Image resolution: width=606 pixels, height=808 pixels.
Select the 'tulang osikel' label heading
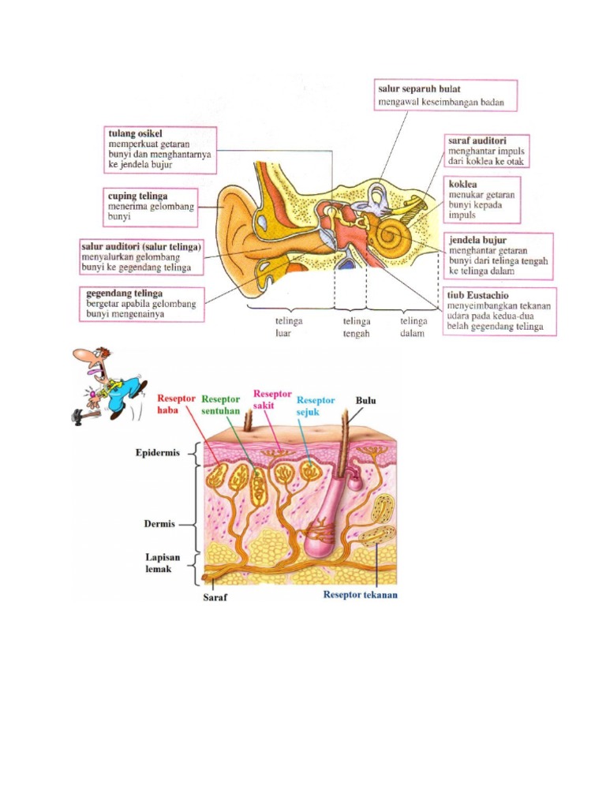point(134,134)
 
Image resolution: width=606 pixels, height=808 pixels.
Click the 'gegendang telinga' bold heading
point(124,293)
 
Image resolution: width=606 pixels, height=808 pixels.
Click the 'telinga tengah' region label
point(350,327)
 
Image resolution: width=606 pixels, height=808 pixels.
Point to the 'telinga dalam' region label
point(413,327)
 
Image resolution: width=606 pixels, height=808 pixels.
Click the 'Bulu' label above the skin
point(365,401)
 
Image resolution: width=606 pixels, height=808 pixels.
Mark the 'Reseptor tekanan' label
point(360,595)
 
